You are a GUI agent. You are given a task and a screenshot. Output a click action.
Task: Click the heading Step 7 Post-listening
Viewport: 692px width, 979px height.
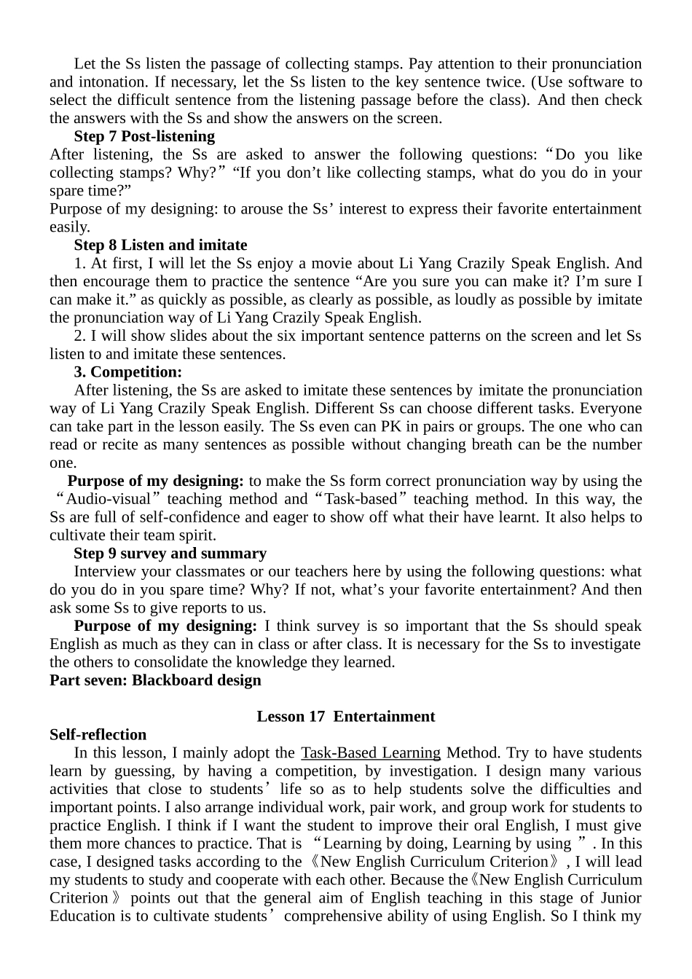[x=144, y=136]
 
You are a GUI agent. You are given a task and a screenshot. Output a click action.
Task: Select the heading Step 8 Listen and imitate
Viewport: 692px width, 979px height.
[x=160, y=245]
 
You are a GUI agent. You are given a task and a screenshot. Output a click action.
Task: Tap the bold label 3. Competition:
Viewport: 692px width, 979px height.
[x=127, y=372]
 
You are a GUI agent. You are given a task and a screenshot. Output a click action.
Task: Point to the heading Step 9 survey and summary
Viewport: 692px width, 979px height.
[x=170, y=554]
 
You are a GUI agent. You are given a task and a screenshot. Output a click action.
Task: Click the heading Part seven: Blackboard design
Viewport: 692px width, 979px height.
[x=155, y=680]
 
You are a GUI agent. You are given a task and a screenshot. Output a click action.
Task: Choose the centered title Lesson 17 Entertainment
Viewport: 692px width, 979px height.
[x=345, y=717]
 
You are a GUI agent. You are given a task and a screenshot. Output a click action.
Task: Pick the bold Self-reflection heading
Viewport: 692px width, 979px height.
[x=98, y=735]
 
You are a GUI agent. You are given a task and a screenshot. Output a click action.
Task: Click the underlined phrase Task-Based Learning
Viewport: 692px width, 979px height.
[x=371, y=753]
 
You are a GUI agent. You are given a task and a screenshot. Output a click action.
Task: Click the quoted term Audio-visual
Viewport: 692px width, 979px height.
[x=108, y=499]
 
